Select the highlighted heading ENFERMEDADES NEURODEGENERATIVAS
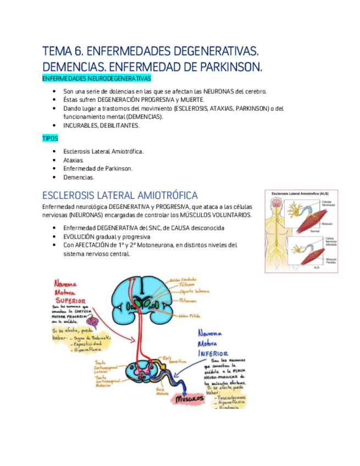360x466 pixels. [96, 79]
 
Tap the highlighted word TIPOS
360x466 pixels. [49, 138]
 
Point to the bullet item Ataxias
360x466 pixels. [74, 160]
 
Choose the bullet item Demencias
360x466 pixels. [79, 177]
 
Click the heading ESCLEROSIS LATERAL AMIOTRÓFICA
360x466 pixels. [120, 196]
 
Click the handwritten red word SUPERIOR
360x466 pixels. [69, 301]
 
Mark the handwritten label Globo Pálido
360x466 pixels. [190, 317]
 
